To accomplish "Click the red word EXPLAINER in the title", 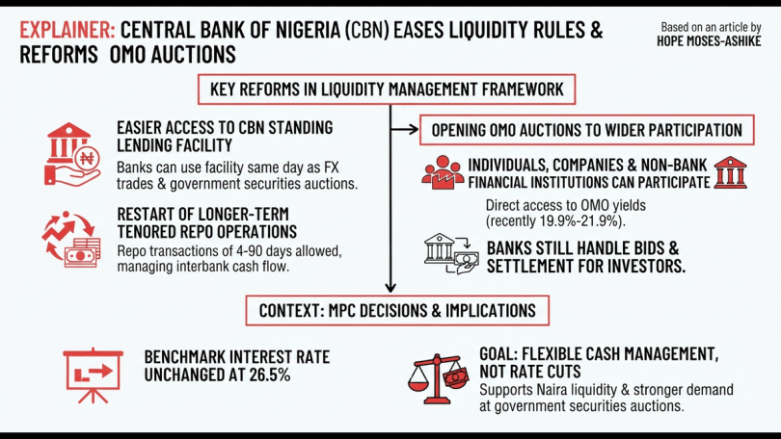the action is tap(67, 31).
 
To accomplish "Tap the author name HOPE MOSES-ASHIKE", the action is tap(709, 41).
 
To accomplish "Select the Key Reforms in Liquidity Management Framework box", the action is tap(387, 90).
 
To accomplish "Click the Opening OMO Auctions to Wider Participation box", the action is tap(587, 130).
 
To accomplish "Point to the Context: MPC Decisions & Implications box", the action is tap(397, 311).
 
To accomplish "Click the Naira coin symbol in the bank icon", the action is tap(87, 159).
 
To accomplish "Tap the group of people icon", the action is tap(443, 172).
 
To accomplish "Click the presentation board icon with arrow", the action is tap(93, 374).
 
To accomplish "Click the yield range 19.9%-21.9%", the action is tap(579, 221).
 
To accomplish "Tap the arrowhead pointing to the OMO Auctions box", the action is tap(414, 130).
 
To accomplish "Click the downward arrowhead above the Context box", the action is tap(390, 288).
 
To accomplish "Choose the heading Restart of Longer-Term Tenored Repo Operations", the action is tap(206, 222).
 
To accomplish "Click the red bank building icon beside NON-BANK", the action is tap(730, 172).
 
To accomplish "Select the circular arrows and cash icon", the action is tap(71, 240).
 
